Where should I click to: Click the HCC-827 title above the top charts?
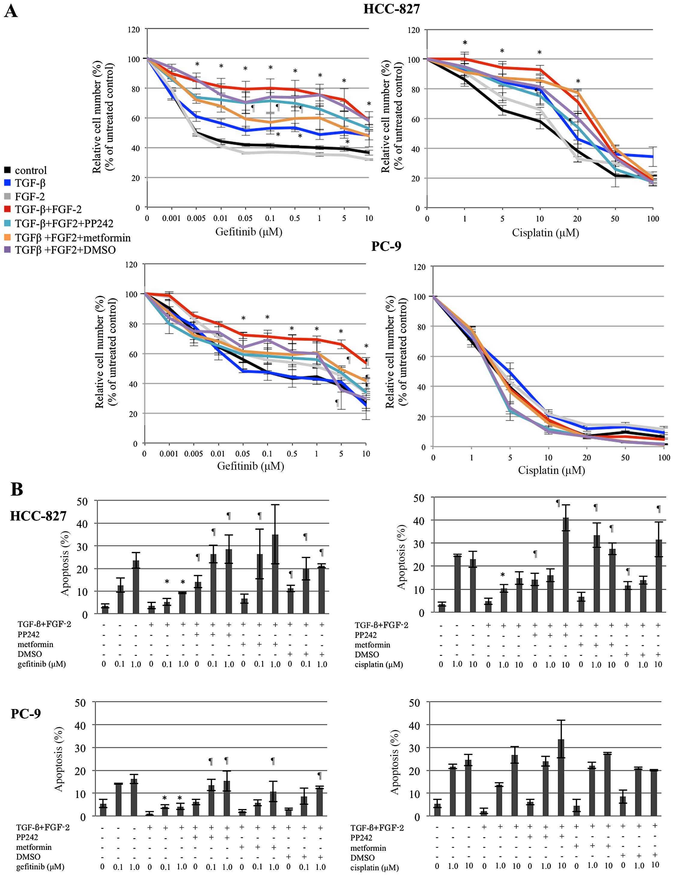(x=391, y=9)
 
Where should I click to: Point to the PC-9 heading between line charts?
(x=386, y=245)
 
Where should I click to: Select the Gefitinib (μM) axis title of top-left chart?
(x=249, y=232)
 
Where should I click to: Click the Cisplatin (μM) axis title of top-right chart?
(x=545, y=233)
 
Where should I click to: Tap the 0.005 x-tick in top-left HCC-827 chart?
(x=196, y=219)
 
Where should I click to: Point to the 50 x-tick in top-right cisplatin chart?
(x=615, y=219)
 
